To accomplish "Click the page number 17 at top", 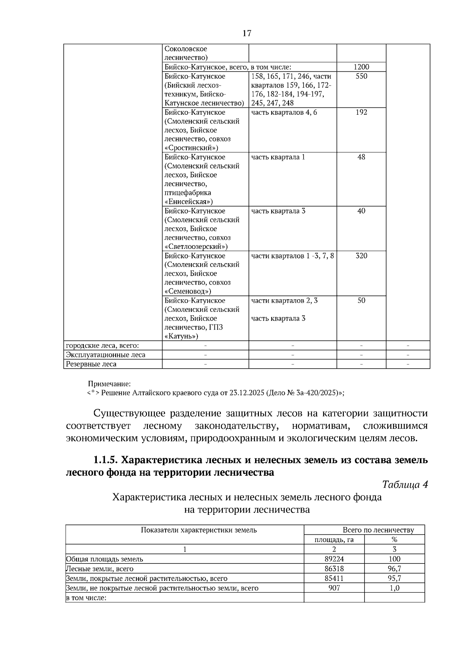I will (x=247, y=33).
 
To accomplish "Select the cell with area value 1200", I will (x=361, y=67).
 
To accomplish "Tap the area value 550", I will (x=361, y=76).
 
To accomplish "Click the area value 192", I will (x=361, y=112).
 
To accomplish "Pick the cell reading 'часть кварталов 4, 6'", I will (x=284, y=112).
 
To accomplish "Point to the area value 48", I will (x=361, y=157).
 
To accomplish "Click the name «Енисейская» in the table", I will (x=188, y=202).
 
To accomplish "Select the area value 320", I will (x=361, y=256).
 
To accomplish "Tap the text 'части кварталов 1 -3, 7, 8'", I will (x=292, y=256).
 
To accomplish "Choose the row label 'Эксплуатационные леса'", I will (x=106, y=355).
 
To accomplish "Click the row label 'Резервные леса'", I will (x=91, y=364).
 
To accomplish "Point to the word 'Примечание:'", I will (x=109, y=384).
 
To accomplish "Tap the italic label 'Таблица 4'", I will (x=405, y=485).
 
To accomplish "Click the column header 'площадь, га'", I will (x=334, y=540).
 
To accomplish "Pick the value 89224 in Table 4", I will (x=334, y=559).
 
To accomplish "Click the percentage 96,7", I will (x=394, y=569).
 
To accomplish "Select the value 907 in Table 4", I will (x=334, y=588).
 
